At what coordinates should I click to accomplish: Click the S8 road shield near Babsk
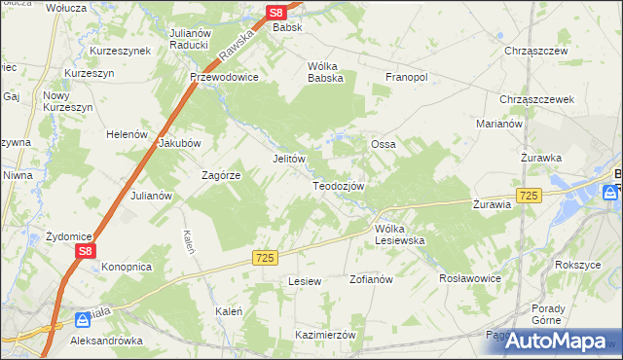(x=276, y=13)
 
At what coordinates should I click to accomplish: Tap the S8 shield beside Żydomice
(x=85, y=250)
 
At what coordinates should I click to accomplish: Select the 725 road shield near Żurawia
(x=529, y=196)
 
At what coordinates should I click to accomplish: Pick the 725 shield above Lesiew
(x=266, y=257)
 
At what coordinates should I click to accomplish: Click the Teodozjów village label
(x=338, y=186)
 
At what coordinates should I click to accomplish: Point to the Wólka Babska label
(x=326, y=73)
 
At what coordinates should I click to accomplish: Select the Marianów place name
(x=500, y=124)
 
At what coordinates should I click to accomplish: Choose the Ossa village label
(x=383, y=144)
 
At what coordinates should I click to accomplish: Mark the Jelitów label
(x=289, y=158)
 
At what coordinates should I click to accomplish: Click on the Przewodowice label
(x=224, y=78)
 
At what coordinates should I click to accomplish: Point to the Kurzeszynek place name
(x=120, y=50)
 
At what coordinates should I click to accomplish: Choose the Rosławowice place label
(x=470, y=277)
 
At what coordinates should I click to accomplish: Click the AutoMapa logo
(x=557, y=341)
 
